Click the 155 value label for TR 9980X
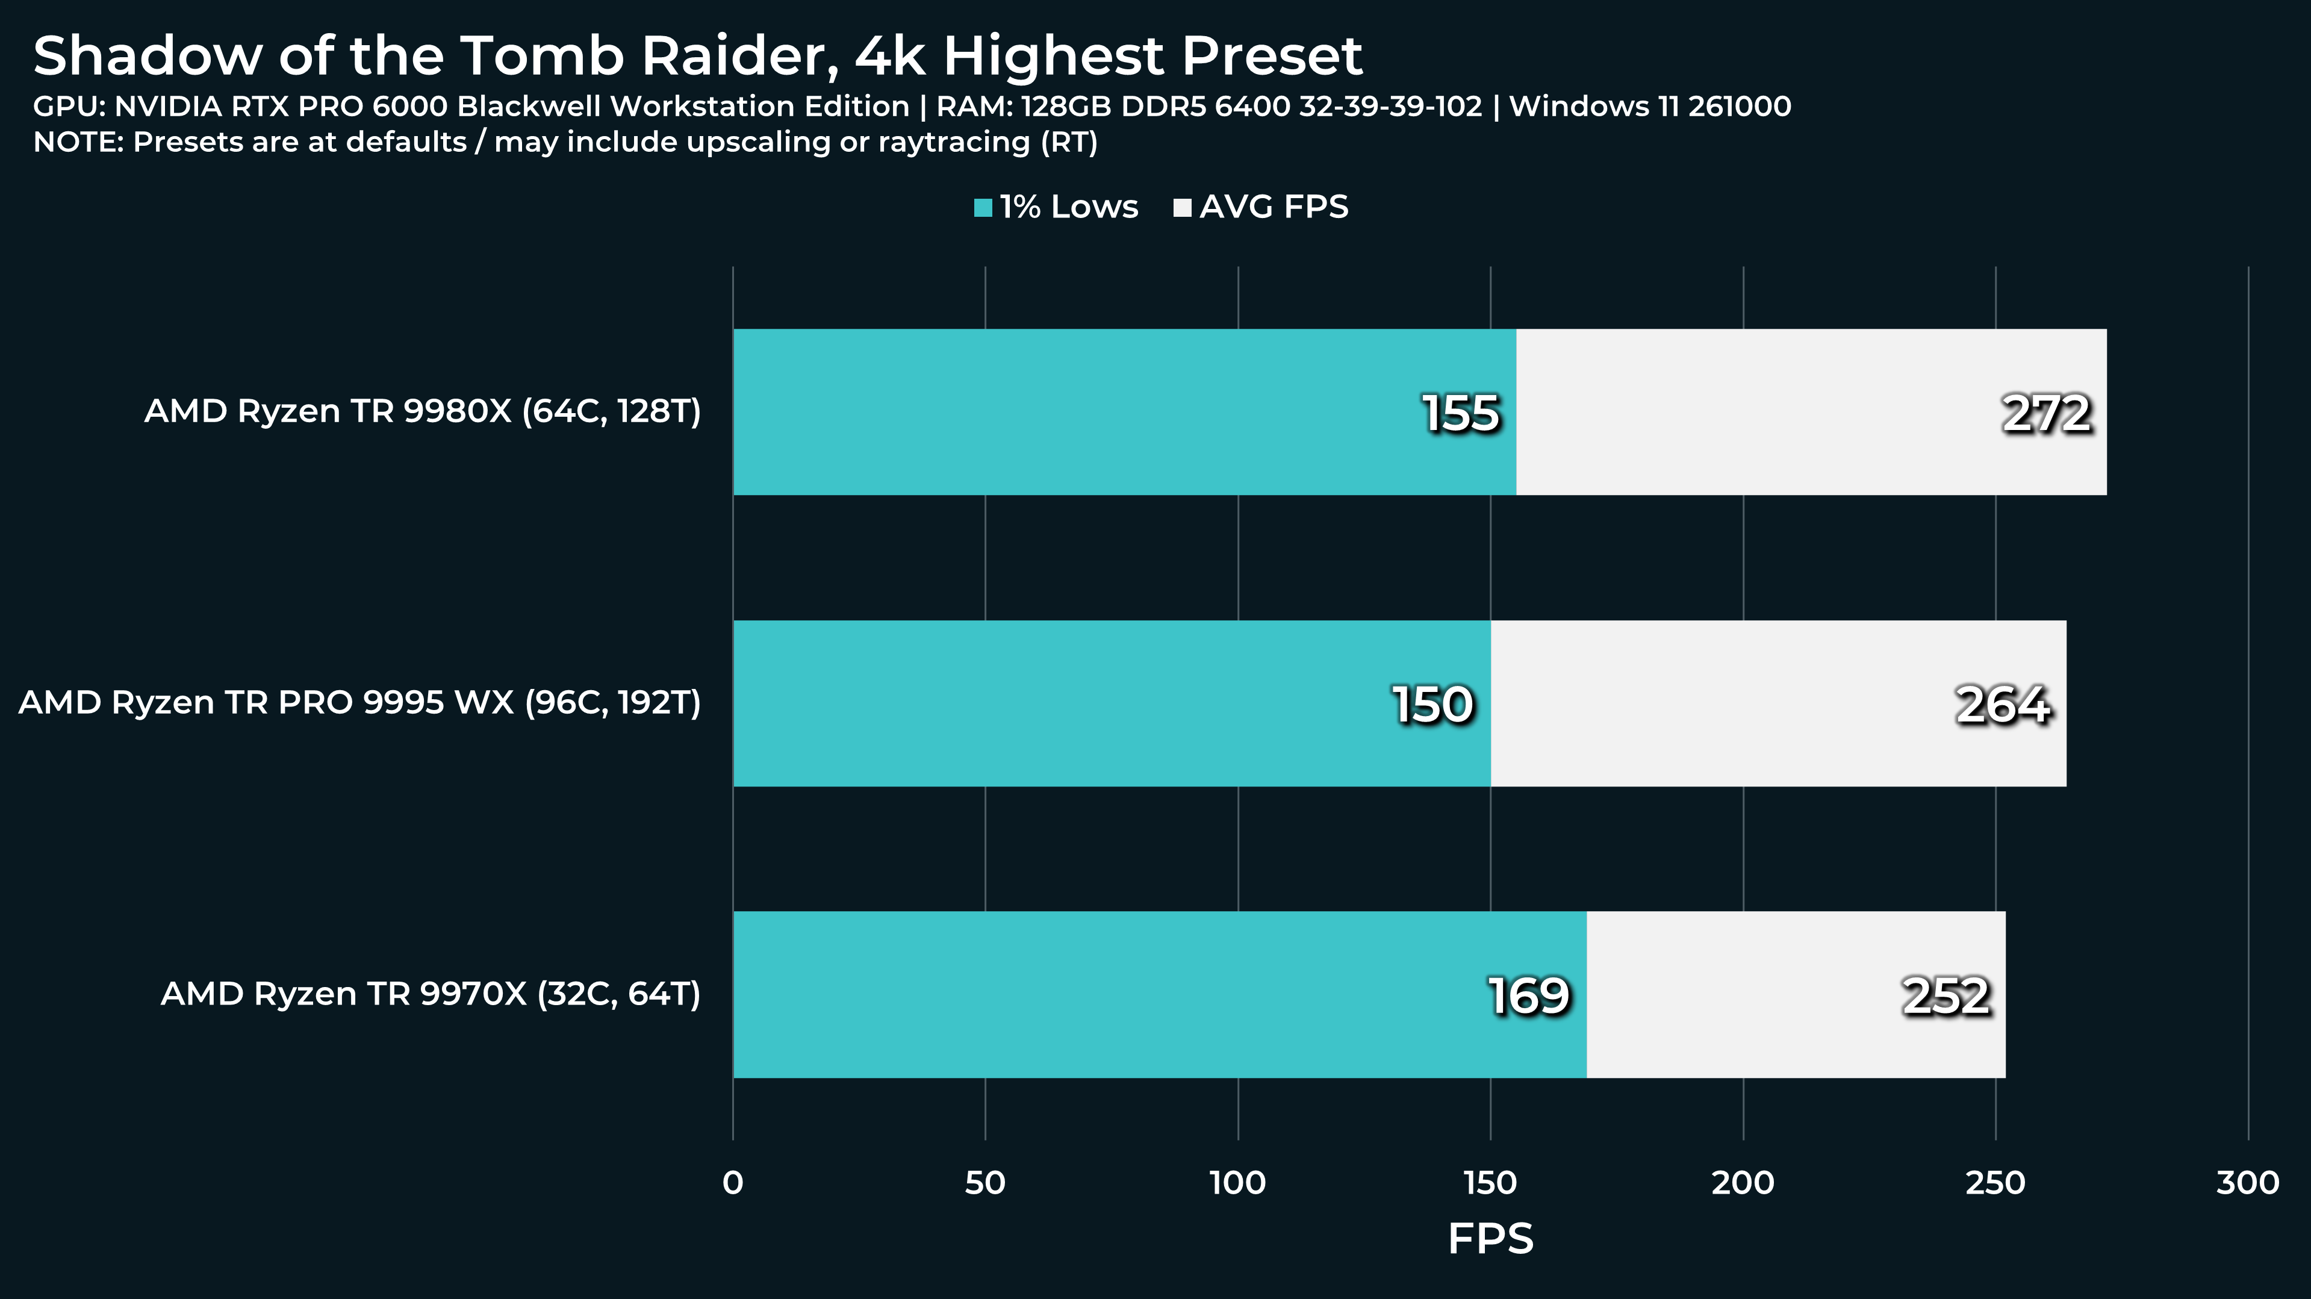click(1461, 414)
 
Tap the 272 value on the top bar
click(2046, 414)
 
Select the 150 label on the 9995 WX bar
click(1432, 704)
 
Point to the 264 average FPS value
click(2002, 704)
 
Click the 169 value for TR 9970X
click(1529, 996)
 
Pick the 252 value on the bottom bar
click(1946, 996)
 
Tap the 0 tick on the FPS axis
click(733, 1183)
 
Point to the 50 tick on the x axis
click(985, 1183)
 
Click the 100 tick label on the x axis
click(1238, 1183)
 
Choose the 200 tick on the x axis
click(1743, 1183)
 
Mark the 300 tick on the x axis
click(2247, 1183)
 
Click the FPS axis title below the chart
click(1490, 1239)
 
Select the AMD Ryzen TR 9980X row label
click(423, 411)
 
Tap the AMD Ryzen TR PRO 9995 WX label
click(359, 702)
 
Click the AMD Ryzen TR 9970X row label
click(431, 994)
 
